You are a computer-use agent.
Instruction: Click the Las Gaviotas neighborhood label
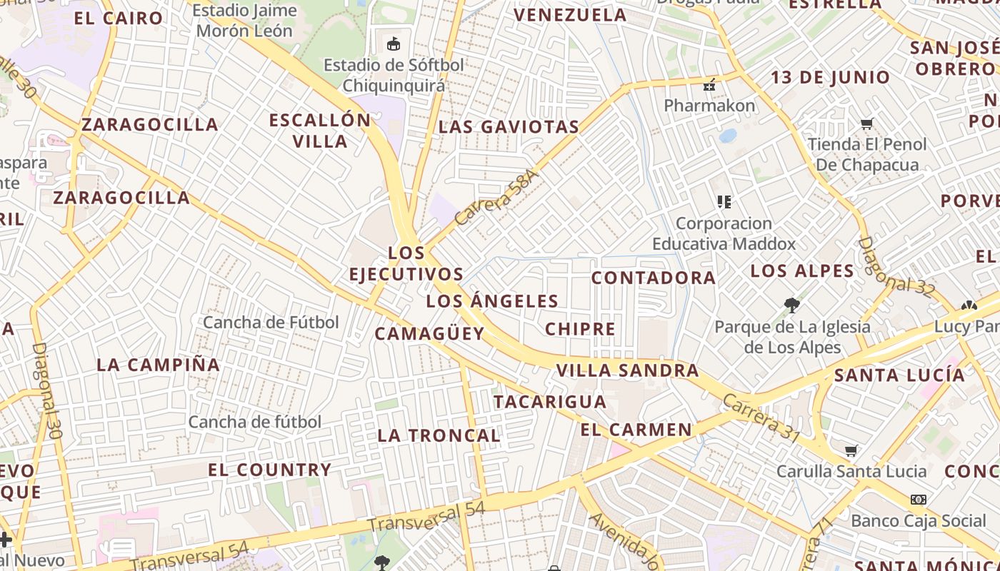click(x=508, y=127)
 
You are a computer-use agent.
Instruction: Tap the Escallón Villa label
click(x=320, y=130)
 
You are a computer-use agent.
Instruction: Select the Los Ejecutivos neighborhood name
click(x=406, y=263)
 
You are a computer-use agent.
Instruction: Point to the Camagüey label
click(x=429, y=333)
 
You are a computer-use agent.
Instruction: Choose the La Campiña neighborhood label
click(x=158, y=364)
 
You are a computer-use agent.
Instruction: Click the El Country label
click(x=269, y=470)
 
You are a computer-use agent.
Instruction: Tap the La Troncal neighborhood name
click(x=439, y=435)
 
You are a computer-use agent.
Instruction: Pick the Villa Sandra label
click(x=627, y=370)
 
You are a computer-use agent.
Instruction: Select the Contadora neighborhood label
click(x=653, y=278)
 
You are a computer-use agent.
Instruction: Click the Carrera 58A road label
click(x=494, y=203)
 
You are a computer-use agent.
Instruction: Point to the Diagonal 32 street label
click(x=896, y=266)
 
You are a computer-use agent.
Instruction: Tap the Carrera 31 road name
click(x=761, y=418)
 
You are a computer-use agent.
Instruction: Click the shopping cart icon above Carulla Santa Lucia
click(x=851, y=451)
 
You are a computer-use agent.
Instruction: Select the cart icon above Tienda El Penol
click(x=867, y=124)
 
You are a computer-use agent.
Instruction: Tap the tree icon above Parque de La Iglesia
click(x=791, y=305)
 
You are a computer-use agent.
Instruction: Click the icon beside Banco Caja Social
click(x=919, y=500)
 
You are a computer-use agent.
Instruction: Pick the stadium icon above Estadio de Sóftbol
click(x=394, y=44)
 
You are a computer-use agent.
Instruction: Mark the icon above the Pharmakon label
click(x=709, y=85)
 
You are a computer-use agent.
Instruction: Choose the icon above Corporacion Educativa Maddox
click(x=724, y=202)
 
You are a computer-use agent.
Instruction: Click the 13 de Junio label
click(x=830, y=77)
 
